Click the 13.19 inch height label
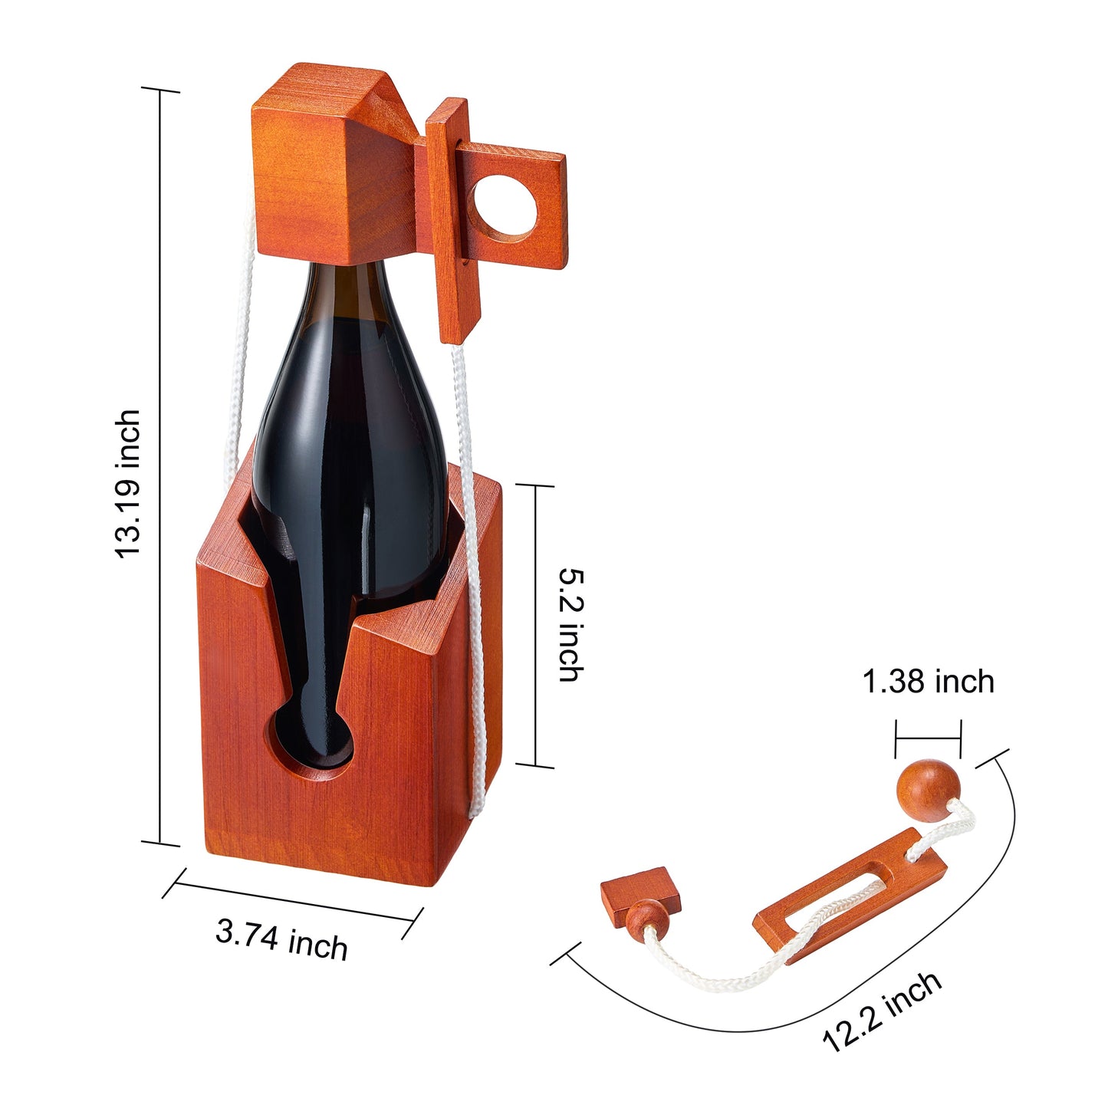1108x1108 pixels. tap(128, 484)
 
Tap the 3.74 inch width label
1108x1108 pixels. tap(281, 940)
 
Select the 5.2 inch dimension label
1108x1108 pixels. tap(571, 625)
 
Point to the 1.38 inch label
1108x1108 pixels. tap(928, 681)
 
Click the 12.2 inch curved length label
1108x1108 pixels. tap(882, 1011)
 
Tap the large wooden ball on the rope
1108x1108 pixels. tap(928, 790)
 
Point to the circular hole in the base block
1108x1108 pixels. tap(313, 744)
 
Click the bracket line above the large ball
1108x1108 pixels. tap(928, 738)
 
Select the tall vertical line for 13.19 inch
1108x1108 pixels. tap(160, 460)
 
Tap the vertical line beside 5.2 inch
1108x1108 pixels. tap(535, 625)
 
